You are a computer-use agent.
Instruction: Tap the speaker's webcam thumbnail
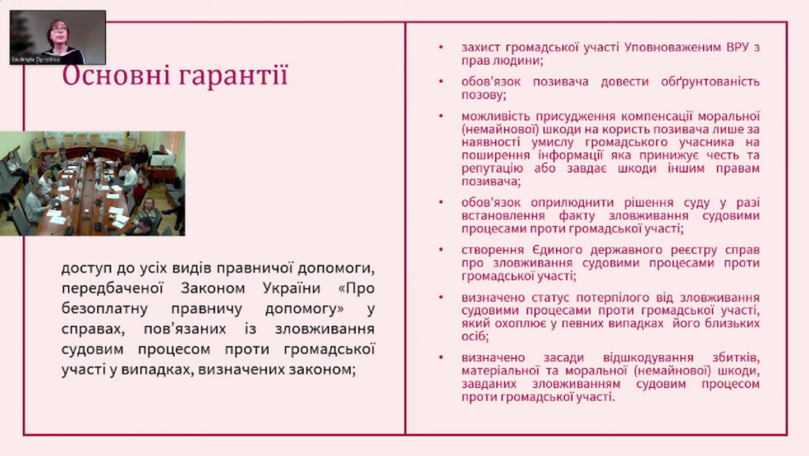point(58,37)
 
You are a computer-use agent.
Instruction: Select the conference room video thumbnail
point(92,183)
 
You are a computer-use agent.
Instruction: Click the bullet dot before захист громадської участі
point(441,47)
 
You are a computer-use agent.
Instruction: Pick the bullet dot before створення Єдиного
point(441,250)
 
